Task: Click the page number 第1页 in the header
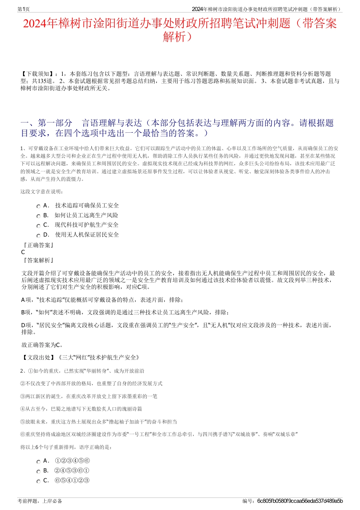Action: click(23, 9)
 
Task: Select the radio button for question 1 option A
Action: click(38, 206)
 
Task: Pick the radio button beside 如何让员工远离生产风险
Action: click(38, 216)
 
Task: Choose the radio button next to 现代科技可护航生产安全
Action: click(38, 226)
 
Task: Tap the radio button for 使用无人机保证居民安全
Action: click(38, 235)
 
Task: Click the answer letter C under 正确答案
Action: click(23, 252)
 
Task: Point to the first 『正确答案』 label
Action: click(38, 245)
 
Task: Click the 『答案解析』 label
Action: click(38, 260)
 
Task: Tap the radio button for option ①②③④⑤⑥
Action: click(38, 462)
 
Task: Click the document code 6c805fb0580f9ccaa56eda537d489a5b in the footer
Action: click(300, 501)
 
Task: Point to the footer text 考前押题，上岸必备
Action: click(40, 501)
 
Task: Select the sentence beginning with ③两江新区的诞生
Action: click(89, 396)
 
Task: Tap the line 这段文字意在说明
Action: click(42, 192)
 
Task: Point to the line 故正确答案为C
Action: click(42, 345)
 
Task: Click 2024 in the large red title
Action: click(35, 24)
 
